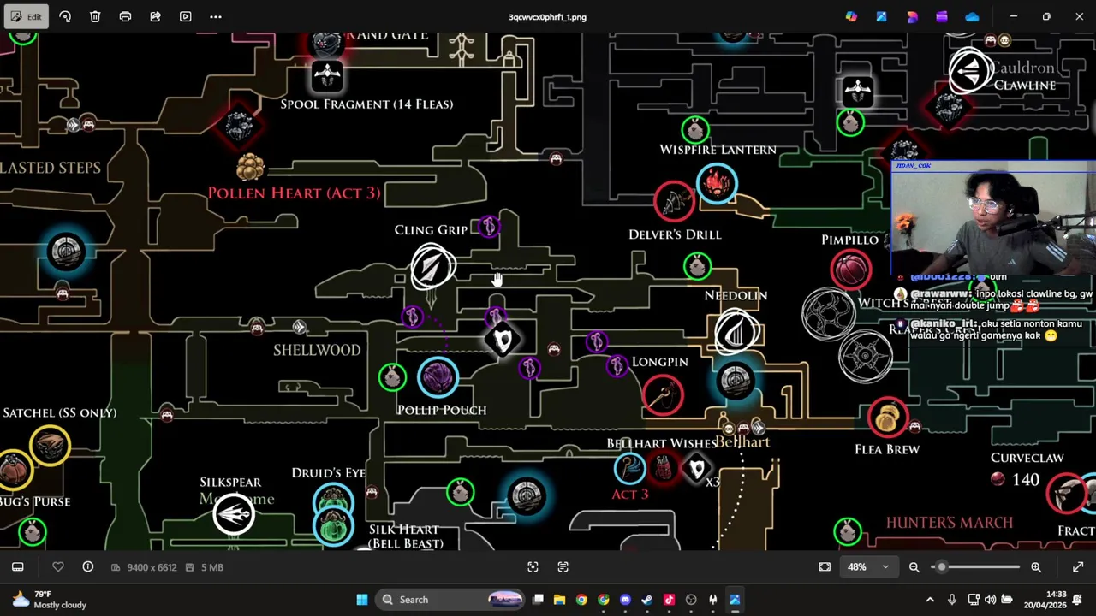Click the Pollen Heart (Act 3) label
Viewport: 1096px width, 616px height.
pyautogui.click(x=294, y=193)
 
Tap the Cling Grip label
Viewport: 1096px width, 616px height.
pyautogui.click(x=431, y=230)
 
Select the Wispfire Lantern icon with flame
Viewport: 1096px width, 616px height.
pyautogui.click(x=717, y=183)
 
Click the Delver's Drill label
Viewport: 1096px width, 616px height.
pyautogui.click(x=675, y=234)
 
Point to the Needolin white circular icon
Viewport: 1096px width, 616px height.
pyautogui.click(x=736, y=333)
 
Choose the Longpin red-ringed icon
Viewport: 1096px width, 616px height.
pyautogui.click(x=663, y=394)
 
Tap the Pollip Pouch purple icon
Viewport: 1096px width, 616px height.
pyautogui.click(x=438, y=377)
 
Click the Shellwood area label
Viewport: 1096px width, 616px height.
pyautogui.click(x=317, y=350)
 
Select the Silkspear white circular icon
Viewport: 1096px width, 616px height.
pyautogui.click(x=234, y=513)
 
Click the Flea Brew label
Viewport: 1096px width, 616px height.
pyautogui.click(x=887, y=449)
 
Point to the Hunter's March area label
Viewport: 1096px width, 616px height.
pyautogui.click(x=949, y=523)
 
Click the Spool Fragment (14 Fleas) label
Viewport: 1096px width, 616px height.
pyautogui.click(x=366, y=104)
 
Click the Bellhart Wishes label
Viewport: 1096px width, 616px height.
pyautogui.click(x=661, y=444)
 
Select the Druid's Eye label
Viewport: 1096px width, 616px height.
pyautogui.click(x=328, y=473)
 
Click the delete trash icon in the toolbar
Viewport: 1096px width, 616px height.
pyautogui.click(x=95, y=16)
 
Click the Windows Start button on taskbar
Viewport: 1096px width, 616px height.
pyautogui.click(x=362, y=600)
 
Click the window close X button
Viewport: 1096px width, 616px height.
pyautogui.click(x=1079, y=16)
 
